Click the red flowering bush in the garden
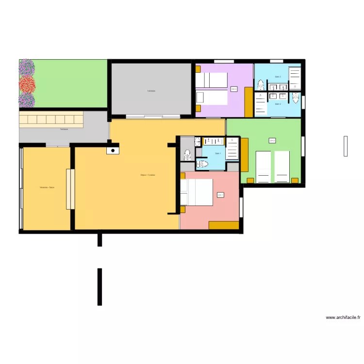27,84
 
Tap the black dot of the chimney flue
113,150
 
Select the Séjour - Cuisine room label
148,175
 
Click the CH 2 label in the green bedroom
272,141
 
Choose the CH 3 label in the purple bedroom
234,89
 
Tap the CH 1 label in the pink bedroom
220,195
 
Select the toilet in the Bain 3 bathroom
261,85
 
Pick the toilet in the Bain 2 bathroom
295,98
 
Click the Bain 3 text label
278,77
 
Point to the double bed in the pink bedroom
197,192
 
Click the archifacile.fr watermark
343,317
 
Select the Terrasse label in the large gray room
151,91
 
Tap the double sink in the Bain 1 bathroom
213,142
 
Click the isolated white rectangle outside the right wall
346,146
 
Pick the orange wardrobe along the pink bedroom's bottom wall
224,225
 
